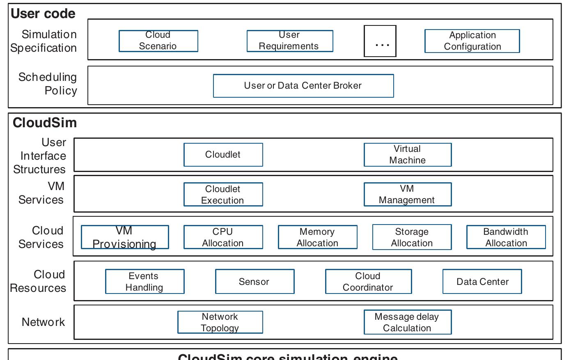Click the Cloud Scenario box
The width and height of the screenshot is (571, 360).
pyautogui.click(x=158, y=41)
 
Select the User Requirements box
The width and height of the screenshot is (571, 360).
pyautogui.click(x=289, y=41)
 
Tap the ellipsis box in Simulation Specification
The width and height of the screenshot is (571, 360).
pyautogui.click(x=380, y=41)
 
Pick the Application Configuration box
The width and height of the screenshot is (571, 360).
pyautogui.click(x=472, y=41)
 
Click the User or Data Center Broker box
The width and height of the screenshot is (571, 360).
pyautogui.click(x=303, y=85)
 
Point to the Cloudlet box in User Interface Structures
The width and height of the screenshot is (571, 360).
pyautogui.click(x=223, y=155)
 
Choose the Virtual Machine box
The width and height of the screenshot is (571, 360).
pyautogui.click(x=407, y=155)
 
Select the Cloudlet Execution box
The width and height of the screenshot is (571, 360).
pyautogui.click(x=223, y=195)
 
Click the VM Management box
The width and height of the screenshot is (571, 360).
pyautogui.click(x=407, y=194)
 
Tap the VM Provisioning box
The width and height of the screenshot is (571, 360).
pyautogui.click(x=124, y=237)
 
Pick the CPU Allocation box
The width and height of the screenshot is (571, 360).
pyautogui.click(x=223, y=237)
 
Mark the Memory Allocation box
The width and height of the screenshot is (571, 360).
pyautogui.click(x=317, y=237)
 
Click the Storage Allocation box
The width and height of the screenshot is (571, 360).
pyautogui.click(x=412, y=237)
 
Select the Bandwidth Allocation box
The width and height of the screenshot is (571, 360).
pyautogui.click(x=506, y=237)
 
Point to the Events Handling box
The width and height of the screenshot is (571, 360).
pyautogui.click(x=144, y=282)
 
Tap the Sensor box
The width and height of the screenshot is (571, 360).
pyautogui.click(x=255, y=282)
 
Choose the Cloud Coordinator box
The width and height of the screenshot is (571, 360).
pyautogui.click(x=368, y=282)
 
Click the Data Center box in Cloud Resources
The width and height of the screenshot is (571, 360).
pyautogui.click(x=482, y=282)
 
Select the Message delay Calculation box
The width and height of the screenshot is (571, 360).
pyautogui.click(x=407, y=322)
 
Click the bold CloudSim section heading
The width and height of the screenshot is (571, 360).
pyautogui.click(x=45, y=123)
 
